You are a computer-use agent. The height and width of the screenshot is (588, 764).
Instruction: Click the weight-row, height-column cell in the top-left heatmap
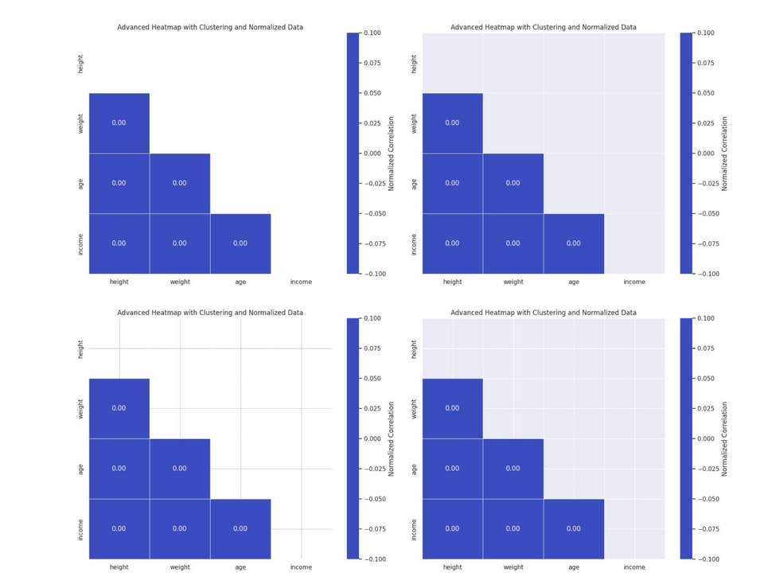tap(119, 123)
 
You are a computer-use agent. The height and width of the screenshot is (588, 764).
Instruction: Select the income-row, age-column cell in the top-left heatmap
tap(240, 243)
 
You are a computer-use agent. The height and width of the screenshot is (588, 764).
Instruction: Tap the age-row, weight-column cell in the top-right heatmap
tap(513, 183)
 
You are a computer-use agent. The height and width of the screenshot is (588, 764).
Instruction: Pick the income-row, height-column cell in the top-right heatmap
tap(452, 243)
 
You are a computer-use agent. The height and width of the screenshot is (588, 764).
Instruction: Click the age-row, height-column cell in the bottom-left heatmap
tap(119, 469)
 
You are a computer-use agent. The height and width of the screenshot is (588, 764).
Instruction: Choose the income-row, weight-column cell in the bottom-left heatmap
tap(180, 528)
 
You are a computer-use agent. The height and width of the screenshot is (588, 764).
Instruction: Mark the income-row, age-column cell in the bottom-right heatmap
tap(573, 528)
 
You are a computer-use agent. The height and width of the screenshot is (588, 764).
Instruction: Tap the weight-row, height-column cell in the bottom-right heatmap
tap(452, 408)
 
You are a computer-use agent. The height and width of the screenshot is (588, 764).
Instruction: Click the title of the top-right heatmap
tap(543, 27)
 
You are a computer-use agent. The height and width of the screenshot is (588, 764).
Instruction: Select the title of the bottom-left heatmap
tap(210, 313)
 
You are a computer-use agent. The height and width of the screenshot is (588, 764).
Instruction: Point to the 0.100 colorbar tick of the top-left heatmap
tap(372, 33)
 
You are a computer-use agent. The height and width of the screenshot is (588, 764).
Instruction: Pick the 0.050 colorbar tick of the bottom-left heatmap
tap(372, 379)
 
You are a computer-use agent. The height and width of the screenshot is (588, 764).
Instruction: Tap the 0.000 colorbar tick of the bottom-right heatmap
tap(705, 438)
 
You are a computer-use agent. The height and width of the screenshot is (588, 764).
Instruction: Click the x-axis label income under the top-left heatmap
tap(301, 282)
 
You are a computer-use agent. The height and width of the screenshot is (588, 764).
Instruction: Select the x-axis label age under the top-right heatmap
tap(573, 282)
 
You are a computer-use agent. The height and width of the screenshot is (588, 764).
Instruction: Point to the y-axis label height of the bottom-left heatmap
tap(80, 349)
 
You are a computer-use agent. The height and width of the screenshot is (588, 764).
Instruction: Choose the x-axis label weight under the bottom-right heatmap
tap(513, 567)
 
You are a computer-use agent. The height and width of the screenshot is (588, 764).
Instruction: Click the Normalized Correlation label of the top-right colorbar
tap(724, 154)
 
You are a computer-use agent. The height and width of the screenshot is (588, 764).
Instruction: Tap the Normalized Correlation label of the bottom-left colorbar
tap(391, 438)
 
